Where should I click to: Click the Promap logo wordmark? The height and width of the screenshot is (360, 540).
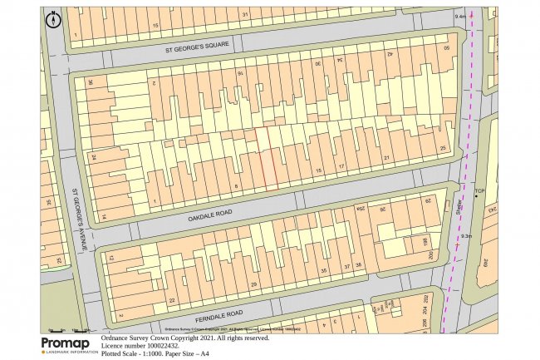66,343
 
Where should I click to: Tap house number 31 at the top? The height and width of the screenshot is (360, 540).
245,15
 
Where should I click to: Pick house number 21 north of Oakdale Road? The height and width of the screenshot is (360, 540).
385,157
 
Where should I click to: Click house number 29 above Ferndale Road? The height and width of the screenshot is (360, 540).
253,284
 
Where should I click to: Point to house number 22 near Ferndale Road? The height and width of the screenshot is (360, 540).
172,300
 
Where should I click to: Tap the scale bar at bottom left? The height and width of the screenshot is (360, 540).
71,330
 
